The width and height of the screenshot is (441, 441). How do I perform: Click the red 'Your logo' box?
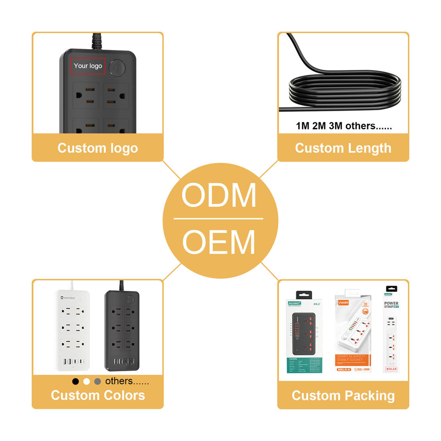point(88,66)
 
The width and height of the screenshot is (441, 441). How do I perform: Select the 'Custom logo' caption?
point(97,148)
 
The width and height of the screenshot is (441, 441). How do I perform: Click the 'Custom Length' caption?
point(343,148)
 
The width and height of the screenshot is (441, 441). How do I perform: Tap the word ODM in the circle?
point(219,196)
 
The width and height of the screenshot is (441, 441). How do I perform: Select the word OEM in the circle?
point(219,242)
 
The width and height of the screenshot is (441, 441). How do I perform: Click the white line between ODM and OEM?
point(219,219)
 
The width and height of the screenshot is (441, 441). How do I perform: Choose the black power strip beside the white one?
point(122,331)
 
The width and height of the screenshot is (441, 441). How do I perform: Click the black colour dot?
point(76,381)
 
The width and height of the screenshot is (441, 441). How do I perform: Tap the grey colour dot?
point(97,381)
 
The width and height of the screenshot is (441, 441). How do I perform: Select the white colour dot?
point(86,381)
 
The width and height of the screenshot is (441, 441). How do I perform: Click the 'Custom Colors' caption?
point(97,395)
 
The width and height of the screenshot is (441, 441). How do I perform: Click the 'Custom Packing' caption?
point(343,396)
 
